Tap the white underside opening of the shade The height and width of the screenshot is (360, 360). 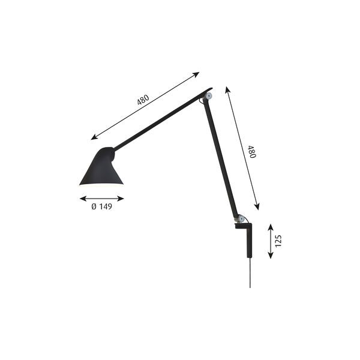tap(101, 185)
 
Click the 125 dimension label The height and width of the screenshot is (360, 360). tap(278, 241)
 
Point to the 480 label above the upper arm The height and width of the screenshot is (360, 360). tap(143, 100)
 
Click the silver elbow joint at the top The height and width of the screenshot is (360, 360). tap(208, 95)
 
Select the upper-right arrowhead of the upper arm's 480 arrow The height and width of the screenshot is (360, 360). tap(197, 74)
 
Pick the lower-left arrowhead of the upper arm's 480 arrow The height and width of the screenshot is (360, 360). tap(93, 137)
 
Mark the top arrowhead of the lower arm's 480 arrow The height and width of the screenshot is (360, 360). tap(227, 88)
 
